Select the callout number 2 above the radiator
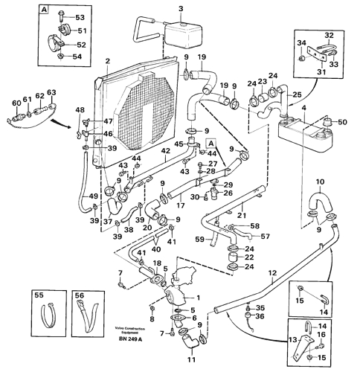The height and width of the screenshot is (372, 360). coord(108,62)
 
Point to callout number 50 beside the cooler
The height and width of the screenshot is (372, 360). coord(342,121)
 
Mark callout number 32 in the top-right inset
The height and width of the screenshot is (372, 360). coord(329,35)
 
